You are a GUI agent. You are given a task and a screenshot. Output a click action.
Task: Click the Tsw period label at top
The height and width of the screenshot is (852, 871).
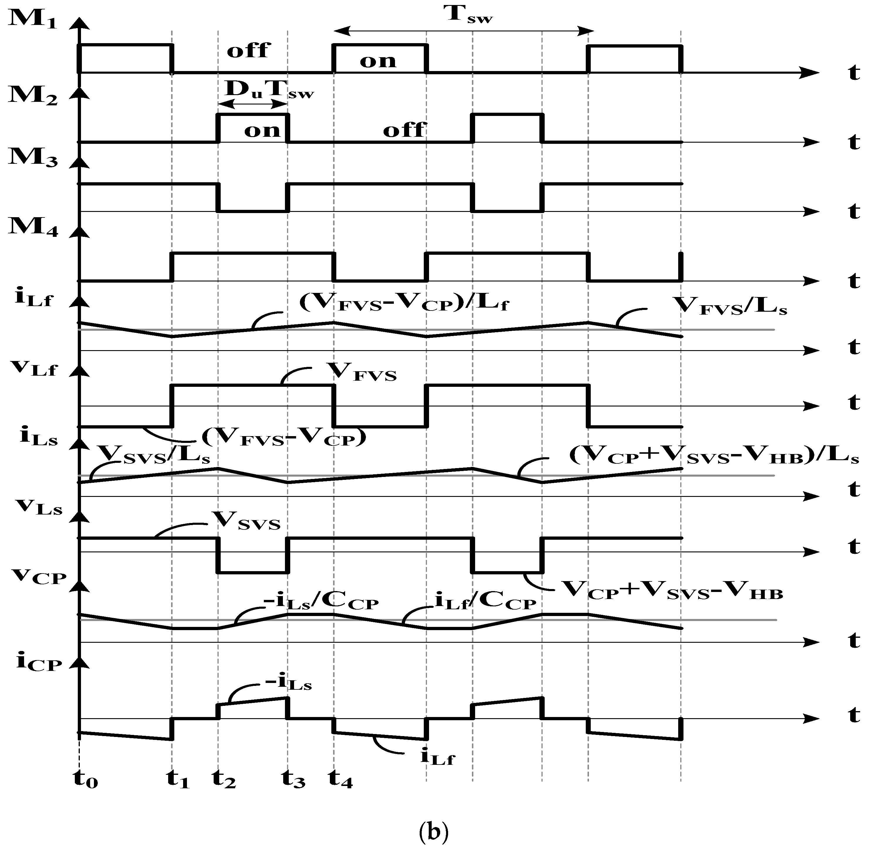pos(470,15)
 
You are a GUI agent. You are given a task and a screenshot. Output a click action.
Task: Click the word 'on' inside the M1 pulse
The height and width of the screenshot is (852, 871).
pos(378,61)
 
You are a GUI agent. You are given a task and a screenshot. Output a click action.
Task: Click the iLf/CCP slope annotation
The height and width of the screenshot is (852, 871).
pos(485,602)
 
